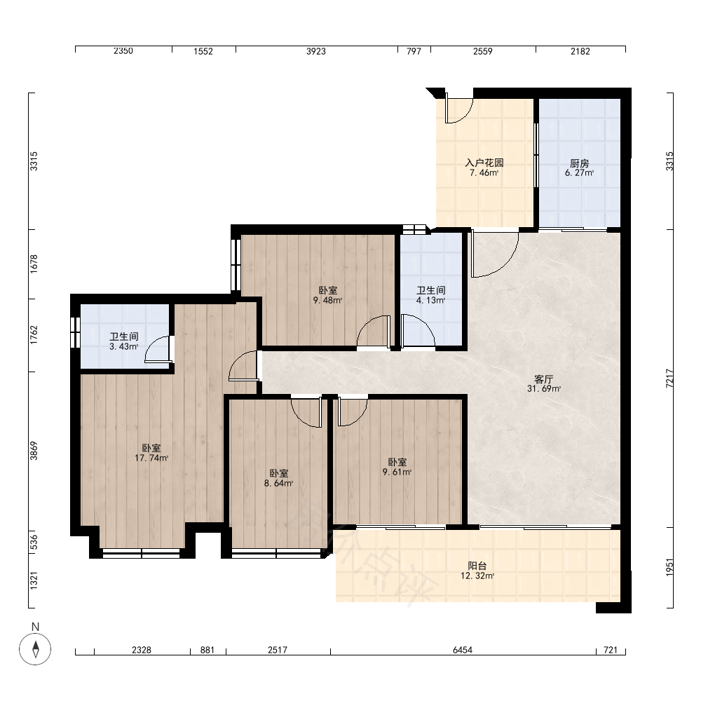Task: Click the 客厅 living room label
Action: [544, 379]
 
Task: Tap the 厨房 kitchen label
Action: [580, 163]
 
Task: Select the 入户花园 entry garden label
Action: [484, 163]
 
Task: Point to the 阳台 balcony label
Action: [477, 566]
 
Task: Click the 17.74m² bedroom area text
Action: [151, 458]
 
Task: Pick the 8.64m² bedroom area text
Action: [278, 483]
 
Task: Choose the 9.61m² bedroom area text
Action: [397, 472]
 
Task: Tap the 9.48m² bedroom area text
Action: [327, 301]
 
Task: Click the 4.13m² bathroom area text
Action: [431, 301]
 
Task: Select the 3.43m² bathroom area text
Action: [124, 346]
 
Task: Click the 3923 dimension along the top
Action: [316, 51]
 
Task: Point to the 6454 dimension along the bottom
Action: [463, 650]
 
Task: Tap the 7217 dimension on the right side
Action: [669, 379]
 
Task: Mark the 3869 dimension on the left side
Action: [34, 451]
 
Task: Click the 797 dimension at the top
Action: [414, 51]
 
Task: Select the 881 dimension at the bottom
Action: [207, 650]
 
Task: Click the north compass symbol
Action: [35, 648]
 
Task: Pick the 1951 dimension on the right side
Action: [669, 567]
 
